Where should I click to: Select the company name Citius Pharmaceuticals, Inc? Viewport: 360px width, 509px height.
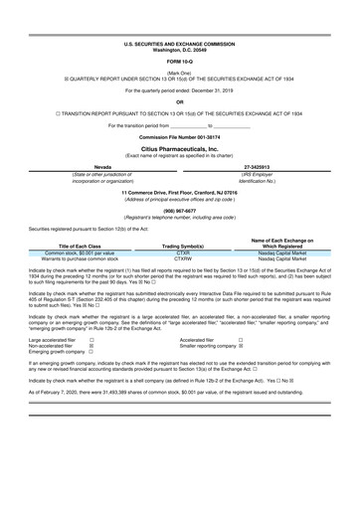coord(179,146)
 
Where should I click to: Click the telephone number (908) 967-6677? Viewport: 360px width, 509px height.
coord(179,210)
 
